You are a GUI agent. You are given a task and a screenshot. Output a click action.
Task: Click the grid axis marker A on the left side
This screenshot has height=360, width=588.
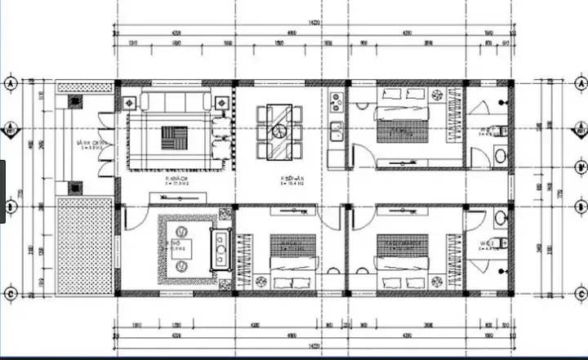point(11,84)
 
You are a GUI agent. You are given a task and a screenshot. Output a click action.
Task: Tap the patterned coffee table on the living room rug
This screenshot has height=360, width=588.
point(173,135)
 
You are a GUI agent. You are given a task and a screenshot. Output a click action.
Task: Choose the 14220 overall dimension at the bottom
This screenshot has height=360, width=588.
point(313,346)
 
